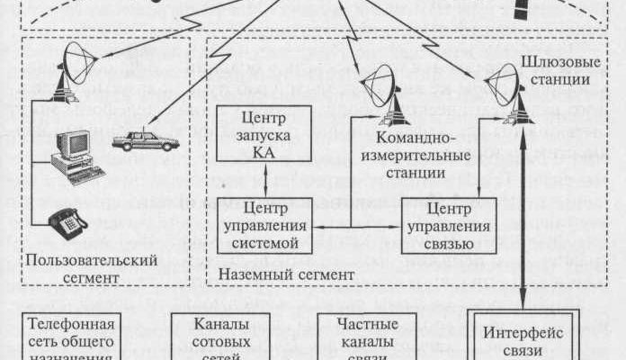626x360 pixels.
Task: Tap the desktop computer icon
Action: point(71,154)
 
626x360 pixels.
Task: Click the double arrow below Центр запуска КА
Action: point(262,180)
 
